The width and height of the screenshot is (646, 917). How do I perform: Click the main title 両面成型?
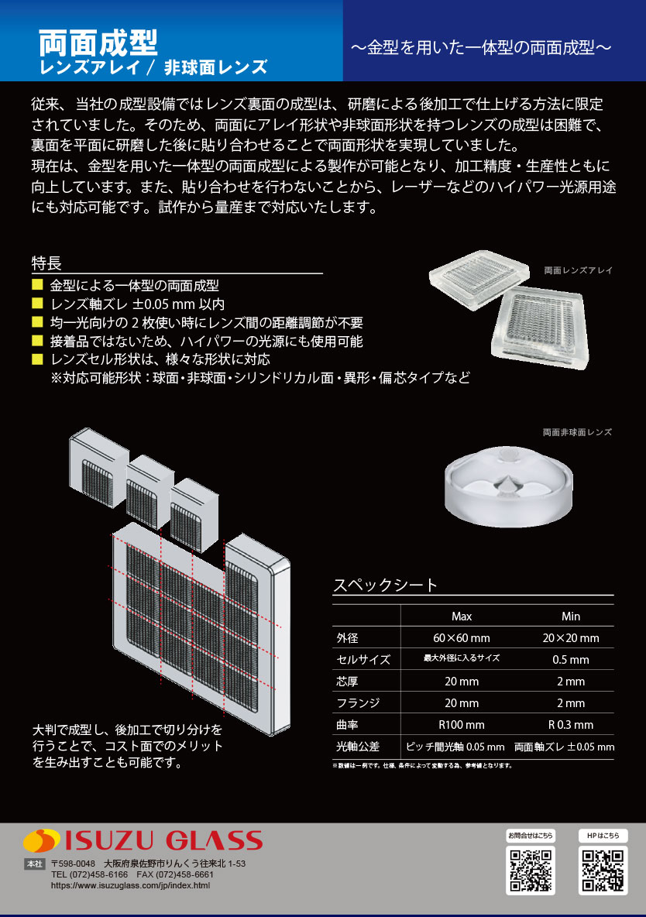point(98,41)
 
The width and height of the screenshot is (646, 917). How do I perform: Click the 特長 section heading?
point(46,263)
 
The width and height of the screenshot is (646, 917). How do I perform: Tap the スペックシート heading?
point(385,586)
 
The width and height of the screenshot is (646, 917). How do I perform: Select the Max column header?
point(462,616)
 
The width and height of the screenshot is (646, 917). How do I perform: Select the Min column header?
point(571,616)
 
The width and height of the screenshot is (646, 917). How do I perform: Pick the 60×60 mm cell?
point(462,638)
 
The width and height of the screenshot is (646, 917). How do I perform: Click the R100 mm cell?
point(462,725)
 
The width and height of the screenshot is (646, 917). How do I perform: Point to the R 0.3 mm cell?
point(571,725)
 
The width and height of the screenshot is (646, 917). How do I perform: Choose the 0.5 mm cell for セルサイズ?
point(571,660)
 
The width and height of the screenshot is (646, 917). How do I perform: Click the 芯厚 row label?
point(348,682)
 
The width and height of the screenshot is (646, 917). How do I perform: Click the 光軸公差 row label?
point(358,747)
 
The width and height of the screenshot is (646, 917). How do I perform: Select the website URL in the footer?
point(130,885)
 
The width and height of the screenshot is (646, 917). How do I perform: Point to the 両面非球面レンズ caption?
point(577,432)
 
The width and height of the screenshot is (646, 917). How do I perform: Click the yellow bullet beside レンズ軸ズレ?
point(37,304)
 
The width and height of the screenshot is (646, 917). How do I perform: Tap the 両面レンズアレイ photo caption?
point(578,271)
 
